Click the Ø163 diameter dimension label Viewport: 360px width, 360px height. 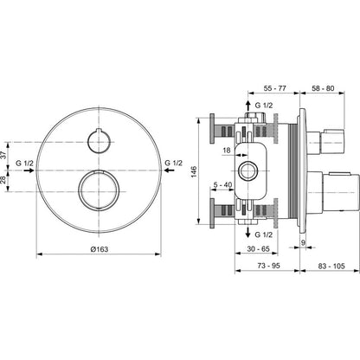pyautogui.click(x=100, y=249)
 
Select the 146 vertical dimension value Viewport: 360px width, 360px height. pyautogui.click(x=194, y=171)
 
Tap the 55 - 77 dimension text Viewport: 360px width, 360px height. pyautogui.click(x=275, y=88)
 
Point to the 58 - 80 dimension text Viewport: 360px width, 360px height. pyautogui.click(x=323, y=88)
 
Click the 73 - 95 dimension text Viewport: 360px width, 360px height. pyautogui.click(x=268, y=266)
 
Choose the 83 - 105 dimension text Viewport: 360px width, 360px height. pyautogui.click(x=331, y=266)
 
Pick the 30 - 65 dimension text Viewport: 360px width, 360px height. pyautogui.click(x=258, y=248)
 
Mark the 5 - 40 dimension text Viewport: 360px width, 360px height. pyautogui.click(x=222, y=184)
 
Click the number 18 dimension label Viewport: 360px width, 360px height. pyautogui.click(x=227, y=150)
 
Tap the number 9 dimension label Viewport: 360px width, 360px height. pyautogui.click(x=303, y=242)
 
